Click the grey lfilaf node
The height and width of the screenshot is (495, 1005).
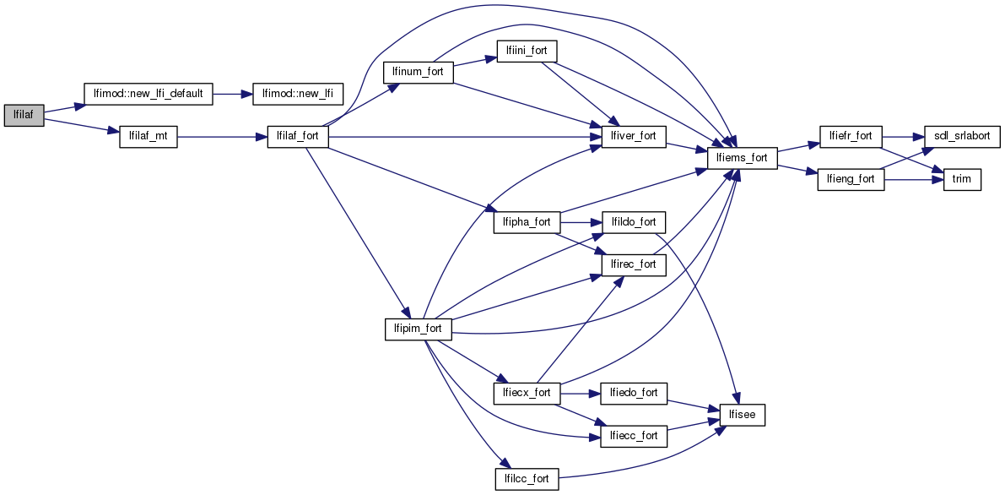coord(24,116)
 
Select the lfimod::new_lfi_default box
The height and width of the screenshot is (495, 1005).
coord(148,94)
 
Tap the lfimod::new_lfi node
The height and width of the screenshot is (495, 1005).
coord(297,94)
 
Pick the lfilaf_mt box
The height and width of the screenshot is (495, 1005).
coord(149,136)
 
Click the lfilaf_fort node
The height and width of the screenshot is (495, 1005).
coord(297,136)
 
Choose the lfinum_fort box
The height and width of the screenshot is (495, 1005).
coord(419,72)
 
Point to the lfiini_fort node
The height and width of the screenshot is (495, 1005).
coord(527,51)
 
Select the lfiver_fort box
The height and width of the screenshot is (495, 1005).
coord(634,136)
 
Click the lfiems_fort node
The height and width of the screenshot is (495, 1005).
coord(741,158)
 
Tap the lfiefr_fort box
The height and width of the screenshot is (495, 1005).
coord(851,136)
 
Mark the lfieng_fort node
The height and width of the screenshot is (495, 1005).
coord(851,180)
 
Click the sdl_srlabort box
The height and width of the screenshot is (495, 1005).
coord(962,136)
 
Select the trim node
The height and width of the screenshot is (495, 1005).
coord(962,180)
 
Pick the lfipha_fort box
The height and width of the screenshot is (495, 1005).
coord(526,222)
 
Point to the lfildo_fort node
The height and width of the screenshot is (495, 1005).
coord(634,222)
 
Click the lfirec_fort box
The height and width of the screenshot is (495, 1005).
coord(634,264)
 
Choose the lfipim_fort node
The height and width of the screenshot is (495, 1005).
coord(419,329)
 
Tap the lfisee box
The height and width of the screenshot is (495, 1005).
coord(742,415)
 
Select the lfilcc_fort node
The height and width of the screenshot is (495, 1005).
coord(526,478)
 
